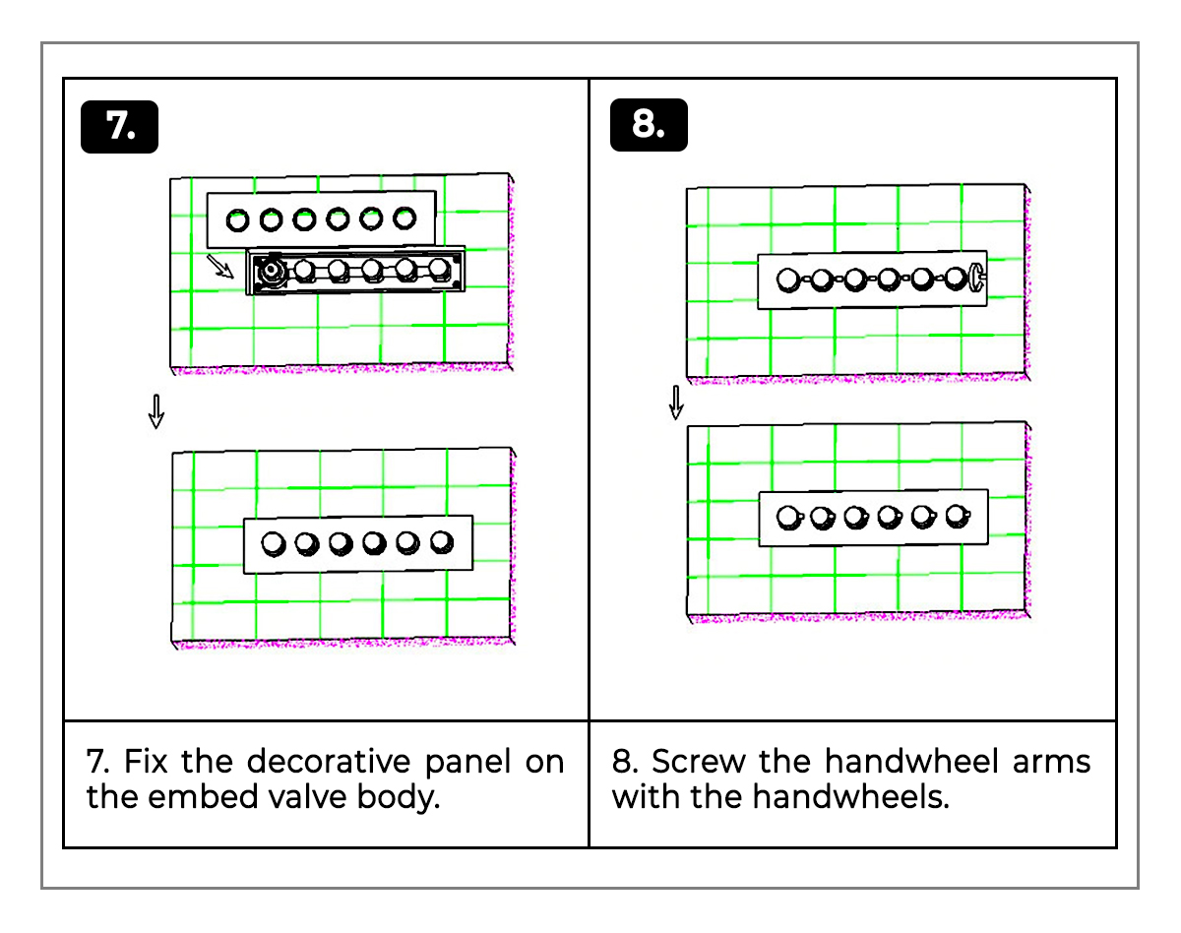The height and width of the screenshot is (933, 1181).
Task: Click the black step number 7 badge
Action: coord(119,126)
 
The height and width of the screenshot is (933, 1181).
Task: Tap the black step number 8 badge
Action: coord(648,126)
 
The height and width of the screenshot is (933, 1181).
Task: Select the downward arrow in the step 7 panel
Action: coord(155,411)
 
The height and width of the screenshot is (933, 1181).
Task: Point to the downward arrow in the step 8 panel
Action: coord(676,402)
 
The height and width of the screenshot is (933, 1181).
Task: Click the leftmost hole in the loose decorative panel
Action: coord(237,219)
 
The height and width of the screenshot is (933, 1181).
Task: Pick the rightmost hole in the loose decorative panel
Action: coord(404,218)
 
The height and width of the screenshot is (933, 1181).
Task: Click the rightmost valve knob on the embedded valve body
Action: coord(439,270)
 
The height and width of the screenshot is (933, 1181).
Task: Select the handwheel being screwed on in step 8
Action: coord(977,277)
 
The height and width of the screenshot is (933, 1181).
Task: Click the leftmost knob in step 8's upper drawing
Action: coord(787,280)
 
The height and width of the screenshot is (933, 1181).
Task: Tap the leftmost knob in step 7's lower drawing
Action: coord(274,542)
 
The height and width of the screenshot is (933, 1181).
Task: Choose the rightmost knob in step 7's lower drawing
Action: coord(441,540)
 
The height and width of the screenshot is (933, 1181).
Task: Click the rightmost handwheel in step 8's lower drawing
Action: coord(956,515)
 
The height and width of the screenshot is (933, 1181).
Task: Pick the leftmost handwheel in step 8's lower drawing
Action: coord(788,516)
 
